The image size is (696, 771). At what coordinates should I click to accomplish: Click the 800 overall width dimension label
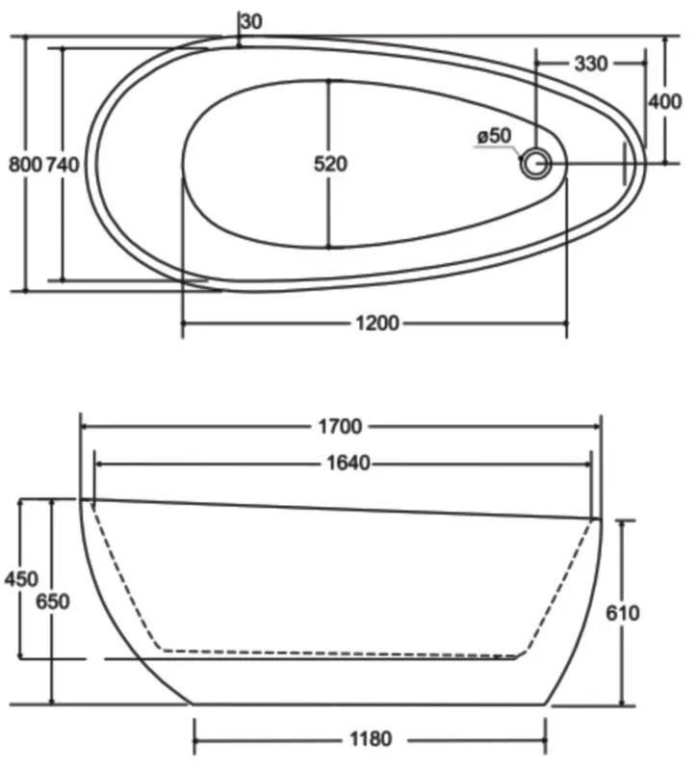26,164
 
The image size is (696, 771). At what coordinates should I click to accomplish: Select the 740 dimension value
63,164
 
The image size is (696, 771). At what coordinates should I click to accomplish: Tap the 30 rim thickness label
252,21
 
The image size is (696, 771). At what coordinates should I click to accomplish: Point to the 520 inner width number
330,164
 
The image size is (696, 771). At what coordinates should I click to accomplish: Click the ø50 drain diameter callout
494,136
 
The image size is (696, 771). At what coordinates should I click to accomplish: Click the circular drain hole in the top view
536,163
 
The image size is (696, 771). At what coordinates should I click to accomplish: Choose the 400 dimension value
665,102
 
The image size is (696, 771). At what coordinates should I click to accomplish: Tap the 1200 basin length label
377,324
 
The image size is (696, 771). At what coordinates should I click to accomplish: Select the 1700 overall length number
341,426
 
